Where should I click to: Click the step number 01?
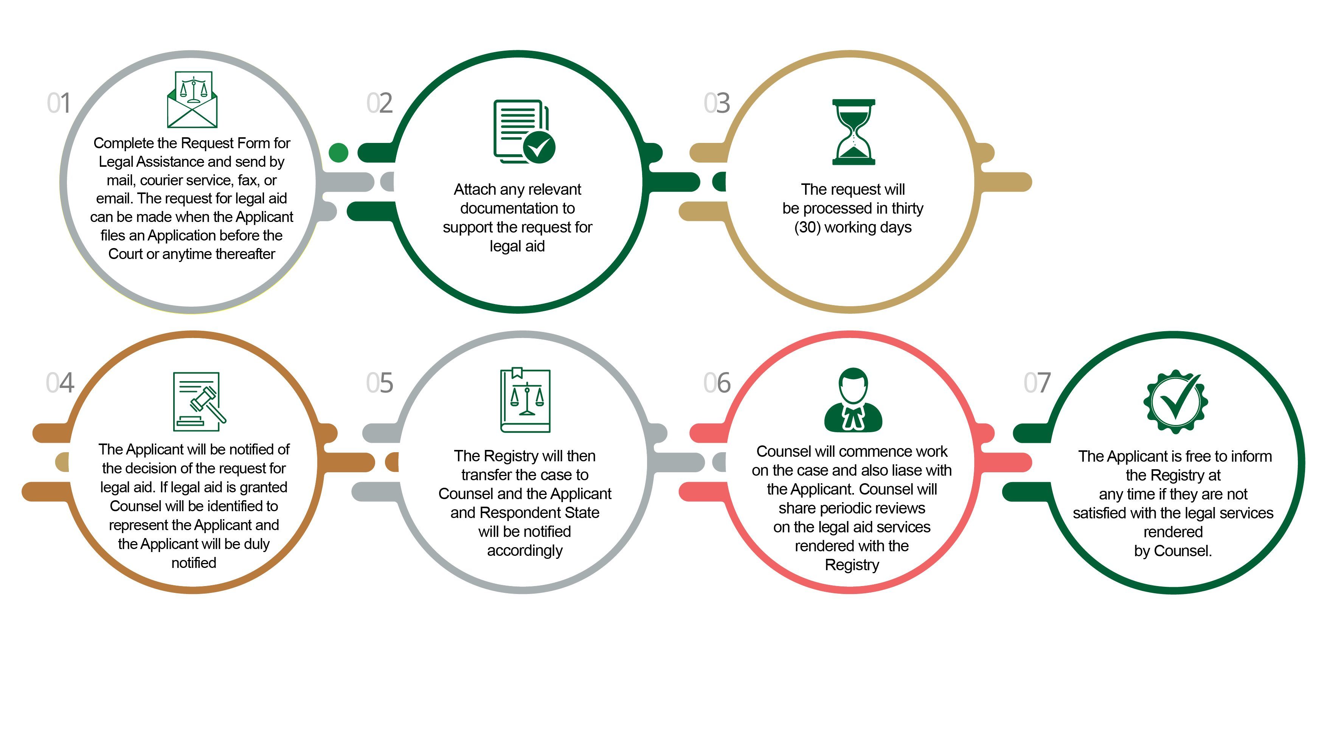[59, 103]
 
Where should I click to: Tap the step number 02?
[380, 103]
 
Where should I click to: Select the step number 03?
[717, 103]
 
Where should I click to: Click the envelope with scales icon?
[192, 99]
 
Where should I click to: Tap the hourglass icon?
[854, 132]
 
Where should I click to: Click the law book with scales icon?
[525, 400]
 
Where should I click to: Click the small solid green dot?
[338, 152]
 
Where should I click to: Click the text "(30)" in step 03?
[807, 227]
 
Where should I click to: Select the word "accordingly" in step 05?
[525, 551]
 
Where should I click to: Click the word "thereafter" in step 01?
[245, 254]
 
